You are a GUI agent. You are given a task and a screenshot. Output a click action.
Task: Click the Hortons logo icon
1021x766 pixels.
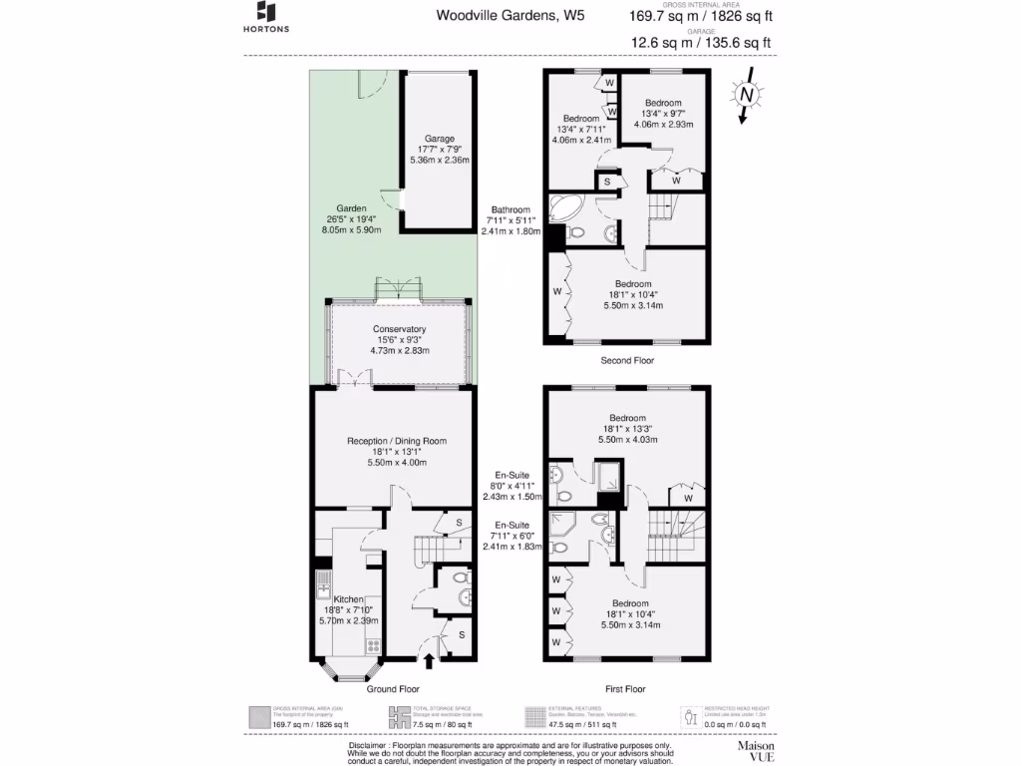pos(266,11)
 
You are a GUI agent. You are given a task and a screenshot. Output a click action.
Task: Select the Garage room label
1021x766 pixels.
pos(439,139)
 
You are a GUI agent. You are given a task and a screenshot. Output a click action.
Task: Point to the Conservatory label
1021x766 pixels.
pos(400,329)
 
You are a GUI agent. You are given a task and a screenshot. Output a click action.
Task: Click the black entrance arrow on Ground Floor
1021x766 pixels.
pos(430,659)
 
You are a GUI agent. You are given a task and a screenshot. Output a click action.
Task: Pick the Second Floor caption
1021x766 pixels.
pos(627,360)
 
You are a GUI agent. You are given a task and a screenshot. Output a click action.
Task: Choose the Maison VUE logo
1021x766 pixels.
pos(756,750)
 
